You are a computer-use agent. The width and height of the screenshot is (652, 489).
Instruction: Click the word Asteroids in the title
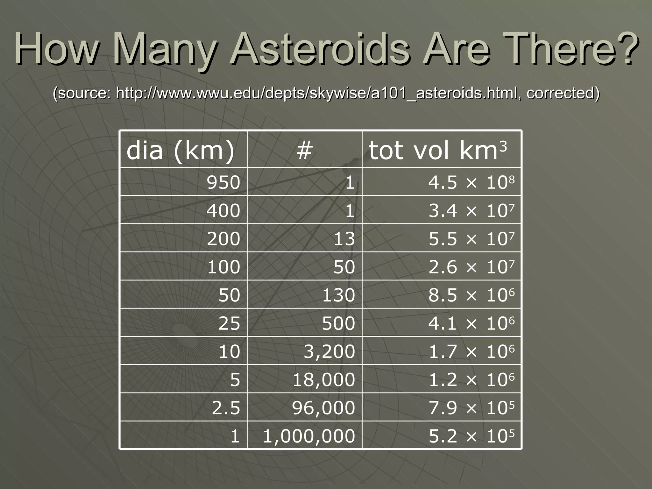pyautogui.click(x=321, y=48)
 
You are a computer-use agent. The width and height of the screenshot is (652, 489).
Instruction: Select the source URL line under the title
pyautogui.click(x=326, y=93)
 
